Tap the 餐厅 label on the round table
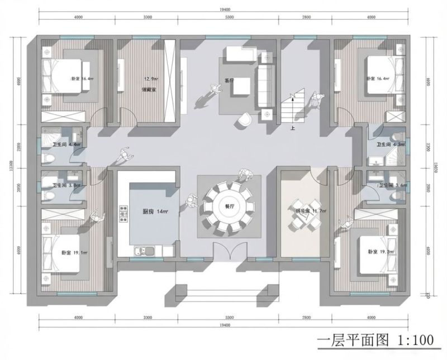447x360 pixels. click(229, 206)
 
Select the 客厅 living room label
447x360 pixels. click(229, 81)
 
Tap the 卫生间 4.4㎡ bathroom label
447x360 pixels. click(66, 145)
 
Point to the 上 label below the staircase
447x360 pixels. click(292, 128)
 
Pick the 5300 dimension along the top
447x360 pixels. click(229, 18)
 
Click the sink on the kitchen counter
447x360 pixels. click(146, 251)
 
